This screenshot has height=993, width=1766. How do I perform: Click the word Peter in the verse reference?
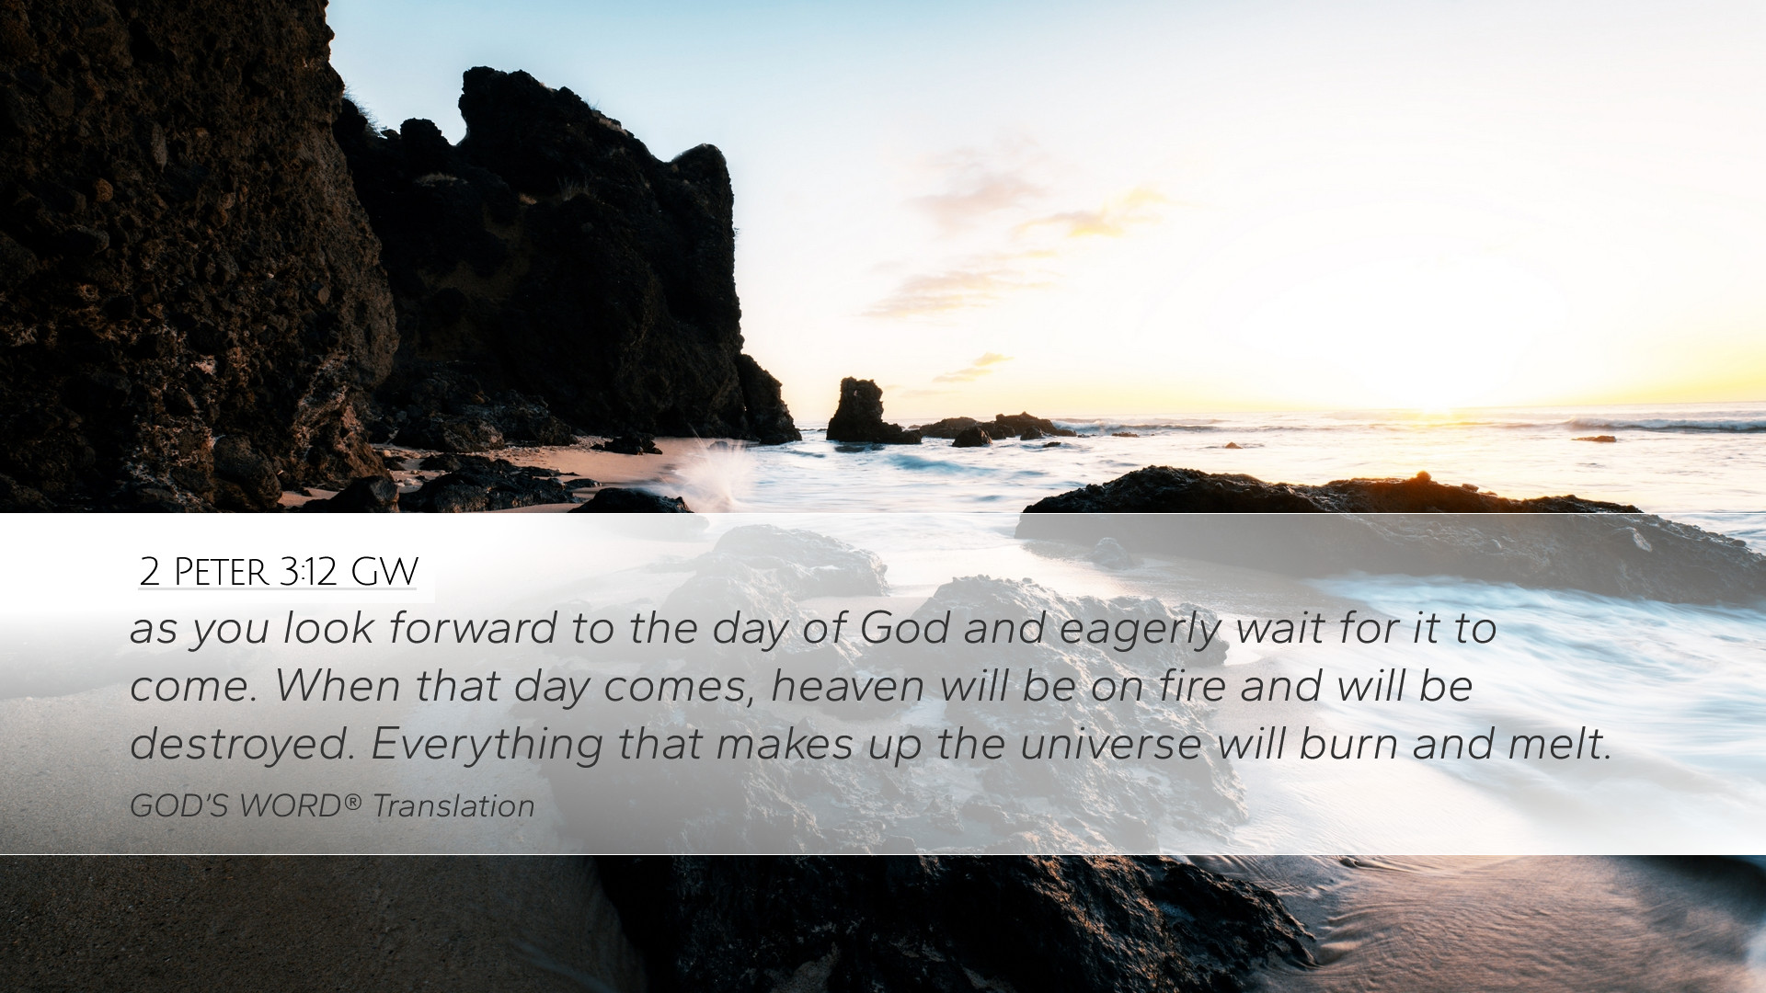click(x=220, y=572)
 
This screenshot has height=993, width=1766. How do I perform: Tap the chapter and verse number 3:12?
click(x=307, y=572)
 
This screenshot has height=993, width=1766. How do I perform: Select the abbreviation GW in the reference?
click(x=384, y=572)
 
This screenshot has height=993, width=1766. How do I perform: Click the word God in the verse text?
click(x=903, y=628)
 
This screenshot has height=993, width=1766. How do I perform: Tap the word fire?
click(x=1192, y=686)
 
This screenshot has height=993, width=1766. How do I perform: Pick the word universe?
click(x=1110, y=744)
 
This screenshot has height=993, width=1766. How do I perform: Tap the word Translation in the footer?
click(x=453, y=805)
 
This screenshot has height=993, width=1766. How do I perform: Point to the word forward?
click(x=473, y=628)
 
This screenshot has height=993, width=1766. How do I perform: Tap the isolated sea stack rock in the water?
click(x=861, y=411)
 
